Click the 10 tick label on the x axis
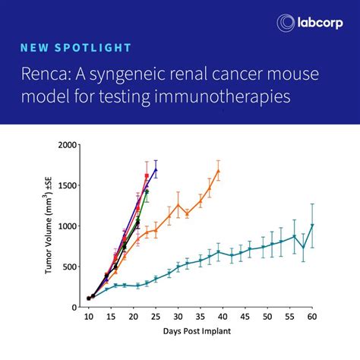[88, 317]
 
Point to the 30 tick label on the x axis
[178, 317]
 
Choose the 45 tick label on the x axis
[245, 317]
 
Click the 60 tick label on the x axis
[311, 317]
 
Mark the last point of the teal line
[311, 226]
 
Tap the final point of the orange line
[218, 171]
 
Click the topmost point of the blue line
[156, 170]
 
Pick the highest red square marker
[147, 175]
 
